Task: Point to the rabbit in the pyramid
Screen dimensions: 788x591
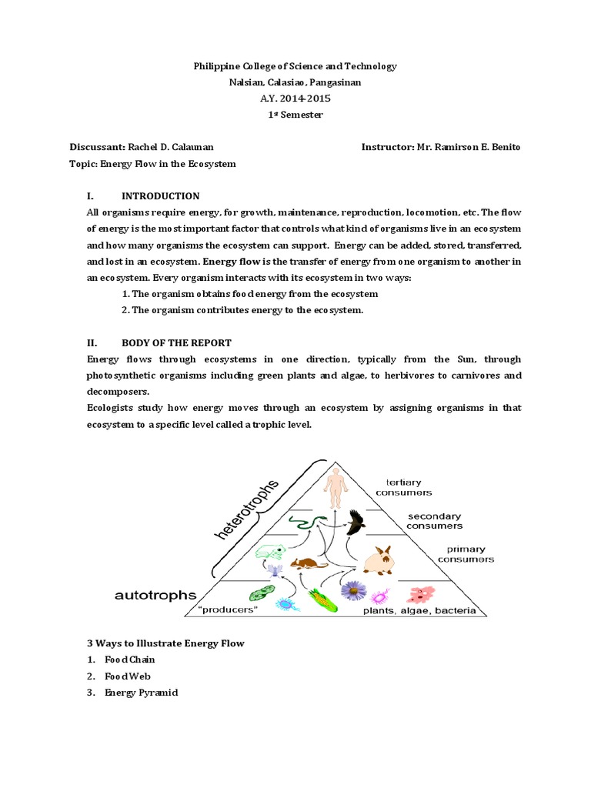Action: point(378,560)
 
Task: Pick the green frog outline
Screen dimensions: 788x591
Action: point(270,552)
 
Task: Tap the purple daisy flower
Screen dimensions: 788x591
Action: point(353,591)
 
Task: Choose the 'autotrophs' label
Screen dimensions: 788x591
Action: point(155,594)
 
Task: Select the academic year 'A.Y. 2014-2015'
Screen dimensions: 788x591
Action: point(295,98)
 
